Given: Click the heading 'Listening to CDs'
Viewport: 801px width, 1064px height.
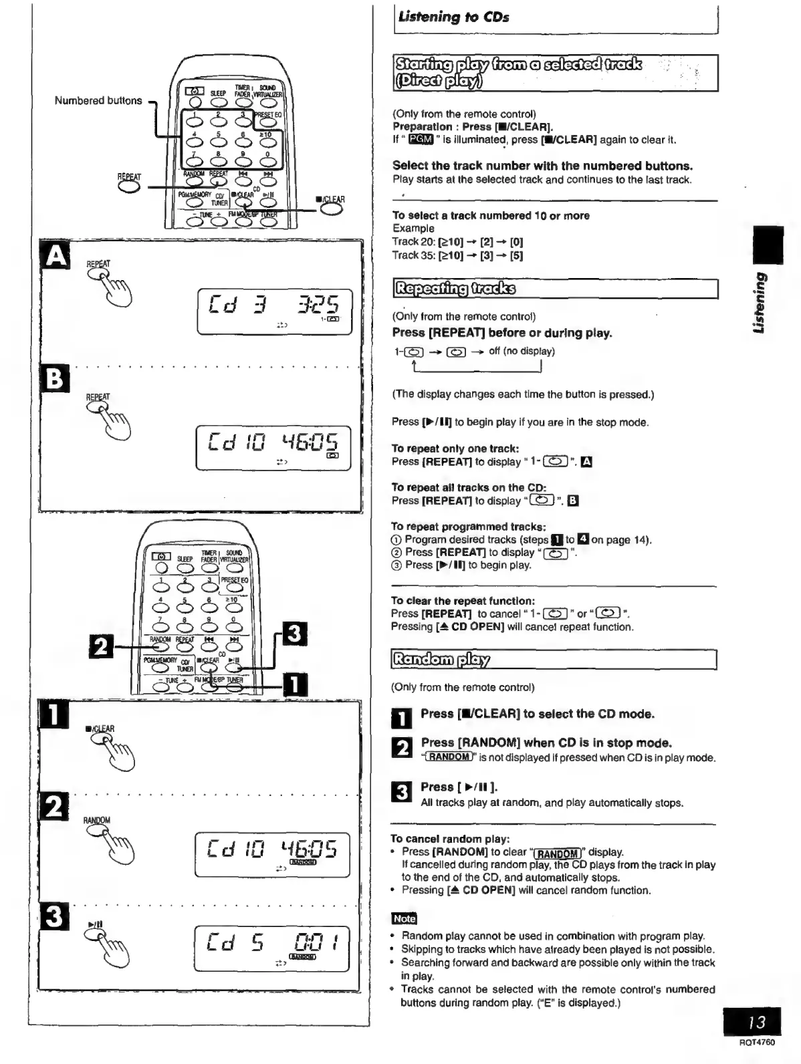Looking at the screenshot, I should pyautogui.click(x=453, y=17).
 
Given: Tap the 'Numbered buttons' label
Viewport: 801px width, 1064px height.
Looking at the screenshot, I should pyautogui.click(x=98, y=101).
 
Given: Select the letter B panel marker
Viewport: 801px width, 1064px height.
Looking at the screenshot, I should pyautogui.click(x=56, y=380).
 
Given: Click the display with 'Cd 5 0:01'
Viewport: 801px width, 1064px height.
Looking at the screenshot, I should pyautogui.click(x=271, y=948).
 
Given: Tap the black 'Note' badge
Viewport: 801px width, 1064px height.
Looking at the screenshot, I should pyautogui.click(x=403, y=918).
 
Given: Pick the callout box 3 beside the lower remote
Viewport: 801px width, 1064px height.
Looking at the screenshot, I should pyautogui.click(x=295, y=634).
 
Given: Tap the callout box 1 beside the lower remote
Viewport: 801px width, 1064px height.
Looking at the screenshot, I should pyautogui.click(x=295, y=686).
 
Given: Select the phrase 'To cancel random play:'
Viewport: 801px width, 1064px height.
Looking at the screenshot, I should pyautogui.click(x=450, y=839).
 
